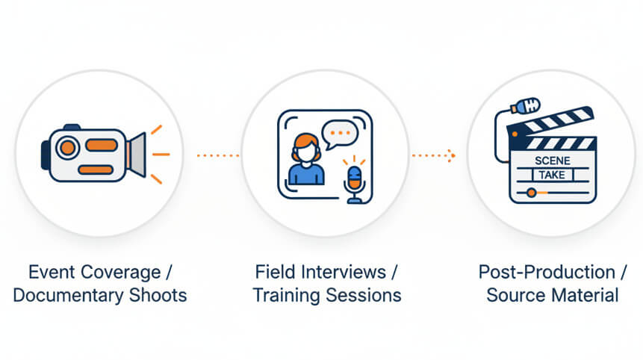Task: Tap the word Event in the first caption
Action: (x=46, y=272)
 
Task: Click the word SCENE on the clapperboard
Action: (x=553, y=161)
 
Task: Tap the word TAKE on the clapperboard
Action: (x=553, y=176)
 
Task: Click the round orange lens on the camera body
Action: (x=68, y=148)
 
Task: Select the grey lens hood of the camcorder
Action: (x=136, y=154)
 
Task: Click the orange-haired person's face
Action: (x=305, y=149)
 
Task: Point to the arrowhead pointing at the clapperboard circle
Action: (x=450, y=155)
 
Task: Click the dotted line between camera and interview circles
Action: (x=217, y=155)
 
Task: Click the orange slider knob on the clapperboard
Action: (x=531, y=193)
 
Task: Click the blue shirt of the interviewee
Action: (x=306, y=174)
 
